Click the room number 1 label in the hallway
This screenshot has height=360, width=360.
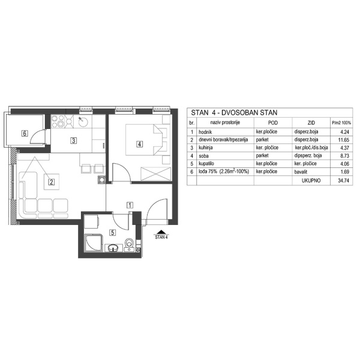click(130, 205)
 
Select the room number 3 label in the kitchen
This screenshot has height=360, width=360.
click(73, 142)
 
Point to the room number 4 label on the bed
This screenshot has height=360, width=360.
click(139, 144)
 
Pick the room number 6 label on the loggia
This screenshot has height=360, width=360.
click(25, 133)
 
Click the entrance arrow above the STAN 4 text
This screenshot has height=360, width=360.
click(160, 231)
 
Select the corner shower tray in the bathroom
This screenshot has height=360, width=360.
click(93, 244)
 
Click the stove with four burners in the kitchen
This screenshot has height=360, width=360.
click(60, 124)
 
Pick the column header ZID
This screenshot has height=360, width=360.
click(311, 122)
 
